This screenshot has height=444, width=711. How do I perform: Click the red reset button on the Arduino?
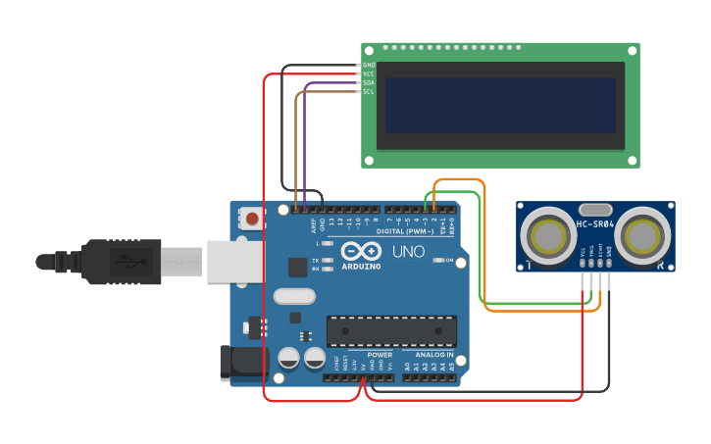(x=252, y=219)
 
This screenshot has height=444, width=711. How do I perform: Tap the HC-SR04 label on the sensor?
(x=595, y=223)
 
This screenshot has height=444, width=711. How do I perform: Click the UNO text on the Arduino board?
(x=409, y=252)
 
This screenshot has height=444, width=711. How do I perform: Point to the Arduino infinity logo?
(x=360, y=251)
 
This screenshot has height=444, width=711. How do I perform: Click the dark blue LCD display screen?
(x=500, y=105)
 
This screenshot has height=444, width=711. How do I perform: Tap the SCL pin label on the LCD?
(x=369, y=91)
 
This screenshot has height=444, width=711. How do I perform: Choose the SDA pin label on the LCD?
(x=369, y=82)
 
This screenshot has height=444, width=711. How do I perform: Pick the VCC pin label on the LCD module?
(x=369, y=74)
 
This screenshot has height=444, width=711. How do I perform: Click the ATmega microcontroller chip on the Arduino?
(x=391, y=331)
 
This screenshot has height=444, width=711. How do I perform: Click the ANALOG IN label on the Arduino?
(x=433, y=354)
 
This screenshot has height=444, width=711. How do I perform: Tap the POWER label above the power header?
(x=380, y=354)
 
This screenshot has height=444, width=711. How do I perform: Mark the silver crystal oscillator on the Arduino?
(x=294, y=296)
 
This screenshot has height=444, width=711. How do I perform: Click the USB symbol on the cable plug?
(x=126, y=262)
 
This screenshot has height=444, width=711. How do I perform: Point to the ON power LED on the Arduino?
(x=437, y=261)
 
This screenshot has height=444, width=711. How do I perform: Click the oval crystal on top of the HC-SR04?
(x=595, y=210)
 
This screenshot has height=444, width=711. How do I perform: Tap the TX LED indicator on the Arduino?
(x=327, y=261)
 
